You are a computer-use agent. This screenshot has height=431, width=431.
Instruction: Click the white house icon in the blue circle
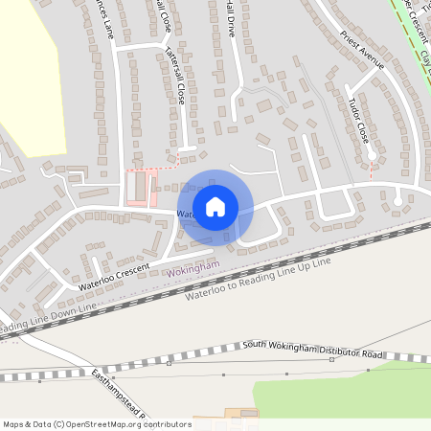(x=215, y=206)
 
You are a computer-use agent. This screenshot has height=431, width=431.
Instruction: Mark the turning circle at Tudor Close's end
(x=373, y=153)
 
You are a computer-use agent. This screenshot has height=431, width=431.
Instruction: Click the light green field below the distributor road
(x=345, y=393)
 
